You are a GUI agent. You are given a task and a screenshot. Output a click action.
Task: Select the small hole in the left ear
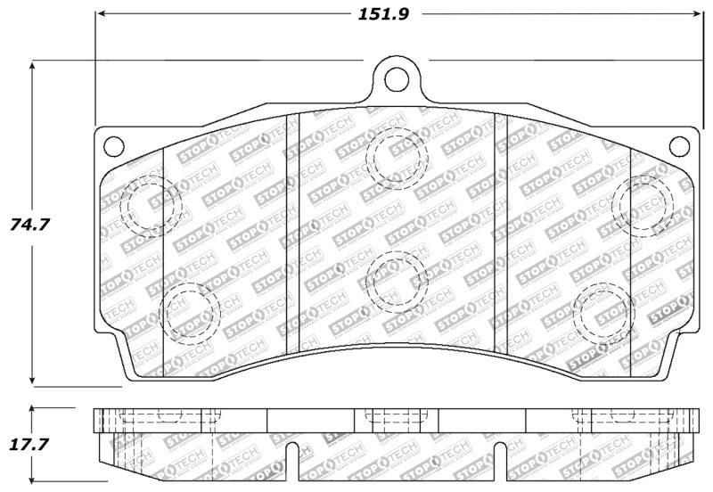(111, 143)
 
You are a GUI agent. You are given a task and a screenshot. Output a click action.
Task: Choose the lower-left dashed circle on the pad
(191, 309)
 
